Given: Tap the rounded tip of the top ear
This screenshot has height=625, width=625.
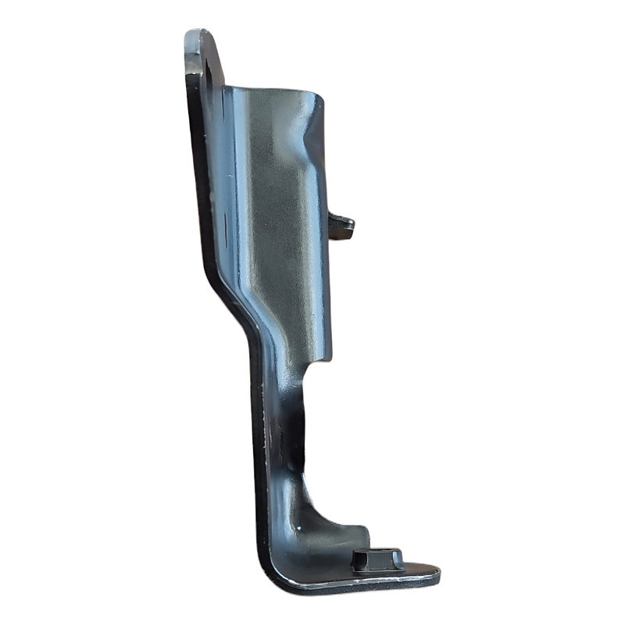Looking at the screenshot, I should coord(199,34).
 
